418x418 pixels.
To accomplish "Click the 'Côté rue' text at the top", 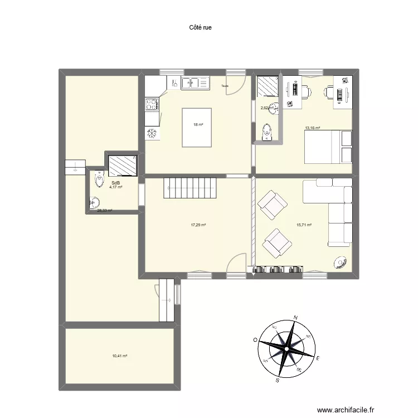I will click(201, 26).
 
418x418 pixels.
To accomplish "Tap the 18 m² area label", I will click(197, 124).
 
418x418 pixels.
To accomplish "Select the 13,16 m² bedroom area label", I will click(312, 128).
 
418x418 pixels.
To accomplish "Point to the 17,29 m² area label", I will click(198, 225).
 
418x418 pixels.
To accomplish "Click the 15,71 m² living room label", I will click(303, 225).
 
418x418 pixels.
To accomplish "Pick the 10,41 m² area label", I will click(120, 356).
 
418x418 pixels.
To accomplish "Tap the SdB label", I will click(115, 183).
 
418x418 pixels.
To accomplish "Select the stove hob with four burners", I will click(151, 104).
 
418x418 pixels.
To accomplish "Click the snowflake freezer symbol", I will click(151, 133).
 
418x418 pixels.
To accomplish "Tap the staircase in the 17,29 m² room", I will click(189, 187).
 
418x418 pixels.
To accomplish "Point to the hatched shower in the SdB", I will click(123, 166).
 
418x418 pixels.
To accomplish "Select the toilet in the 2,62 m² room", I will click(267, 132).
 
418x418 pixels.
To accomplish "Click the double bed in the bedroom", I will click(328, 147).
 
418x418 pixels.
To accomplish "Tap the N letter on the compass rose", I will click(295, 318).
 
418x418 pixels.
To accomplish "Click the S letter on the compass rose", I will click(278, 381).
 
